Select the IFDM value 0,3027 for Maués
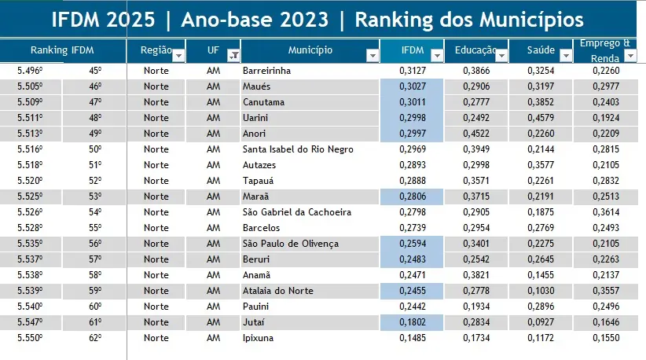coord(414,86)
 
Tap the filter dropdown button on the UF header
coord(233,55)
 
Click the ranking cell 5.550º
coord(30,338)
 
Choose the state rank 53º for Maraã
coord(94,197)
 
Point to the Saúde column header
coord(541,50)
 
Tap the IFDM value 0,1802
coord(414,322)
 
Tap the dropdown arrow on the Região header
coord(178,55)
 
